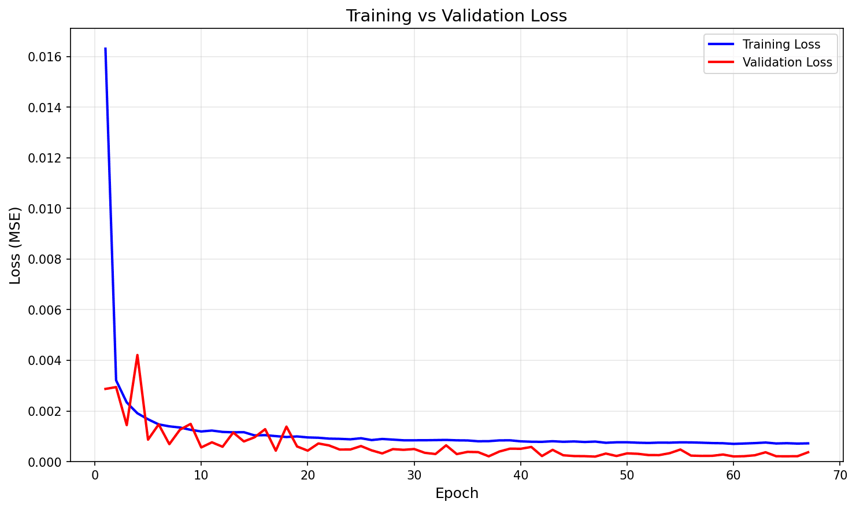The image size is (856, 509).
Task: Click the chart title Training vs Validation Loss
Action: [456, 16]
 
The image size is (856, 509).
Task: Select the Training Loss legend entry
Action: [781, 45]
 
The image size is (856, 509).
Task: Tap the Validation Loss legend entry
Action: [787, 62]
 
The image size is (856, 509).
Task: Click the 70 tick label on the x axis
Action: [840, 475]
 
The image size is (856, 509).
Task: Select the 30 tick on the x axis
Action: [414, 475]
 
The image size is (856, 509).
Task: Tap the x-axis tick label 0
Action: [95, 475]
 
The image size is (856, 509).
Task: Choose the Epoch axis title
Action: [457, 493]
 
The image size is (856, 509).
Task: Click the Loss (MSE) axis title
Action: [16, 245]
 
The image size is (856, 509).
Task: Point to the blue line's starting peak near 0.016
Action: [105, 49]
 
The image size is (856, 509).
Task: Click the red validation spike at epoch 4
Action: [137, 355]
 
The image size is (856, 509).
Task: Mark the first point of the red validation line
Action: [105, 389]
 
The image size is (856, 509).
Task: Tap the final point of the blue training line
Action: [808, 443]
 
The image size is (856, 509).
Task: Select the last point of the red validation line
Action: [808, 452]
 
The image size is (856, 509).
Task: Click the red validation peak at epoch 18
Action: [286, 426]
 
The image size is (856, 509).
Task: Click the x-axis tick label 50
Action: [627, 475]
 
